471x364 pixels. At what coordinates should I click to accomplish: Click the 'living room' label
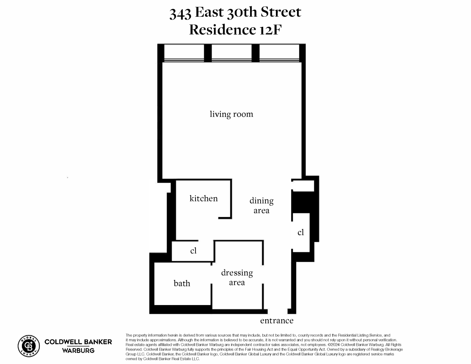pyautogui.click(x=231, y=114)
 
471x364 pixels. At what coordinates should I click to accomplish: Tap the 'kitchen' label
pyautogui.click(x=203, y=198)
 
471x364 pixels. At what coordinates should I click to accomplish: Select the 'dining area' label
pyautogui.click(x=261, y=205)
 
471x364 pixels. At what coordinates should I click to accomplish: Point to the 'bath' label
pyautogui.click(x=182, y=283)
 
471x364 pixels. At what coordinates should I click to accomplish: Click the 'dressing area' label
pyautogui.click(x=237, y=277)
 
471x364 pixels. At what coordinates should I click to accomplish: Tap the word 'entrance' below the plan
pyautogui.click(x=277, y=320)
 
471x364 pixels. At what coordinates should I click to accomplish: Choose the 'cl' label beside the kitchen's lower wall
pyautogui.click(x=193, y=250)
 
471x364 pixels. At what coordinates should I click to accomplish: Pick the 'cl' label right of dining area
pyautogui.click(x=301, y=232)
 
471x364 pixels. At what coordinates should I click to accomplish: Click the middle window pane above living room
pyautogui.click(x=231, y=53)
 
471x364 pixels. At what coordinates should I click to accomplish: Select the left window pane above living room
pyautogui.click(x=184, y=53)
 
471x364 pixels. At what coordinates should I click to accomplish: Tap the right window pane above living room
pyautogui.click(x=279, y=53)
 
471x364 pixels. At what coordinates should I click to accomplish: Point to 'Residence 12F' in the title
pyautogui.click(x=235, y=29)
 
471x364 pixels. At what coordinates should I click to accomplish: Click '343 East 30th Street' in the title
pyautogui.click(x=235, y=12)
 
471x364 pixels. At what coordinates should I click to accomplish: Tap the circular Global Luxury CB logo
pyautogui.click(x=29, y=345)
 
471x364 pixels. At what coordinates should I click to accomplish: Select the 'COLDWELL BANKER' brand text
pyautogui.click(x=78, y=342)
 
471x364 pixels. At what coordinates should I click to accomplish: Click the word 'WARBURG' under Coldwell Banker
pyautogui.click(x=78, y=351)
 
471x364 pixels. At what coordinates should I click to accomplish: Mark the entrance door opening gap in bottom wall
pyautogui.click(x=277, y=312)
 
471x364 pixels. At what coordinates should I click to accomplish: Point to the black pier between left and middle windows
pyautogui.click(x=207, y=53)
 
